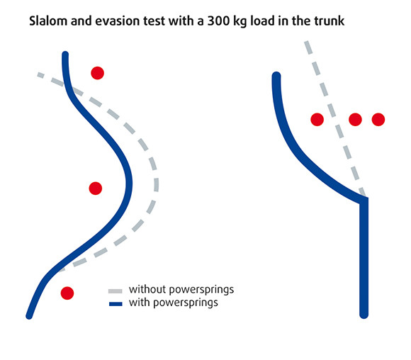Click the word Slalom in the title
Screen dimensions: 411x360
pos(48,21)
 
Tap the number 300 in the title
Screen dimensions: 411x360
pos(218,21)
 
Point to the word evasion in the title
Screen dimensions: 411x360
pos(116,21)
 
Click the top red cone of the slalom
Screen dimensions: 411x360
pos(98,73)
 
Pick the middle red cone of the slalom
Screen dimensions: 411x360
pos(96,189)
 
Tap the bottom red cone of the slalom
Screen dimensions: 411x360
pos(67,293)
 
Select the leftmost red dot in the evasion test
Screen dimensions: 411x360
pos(317,120)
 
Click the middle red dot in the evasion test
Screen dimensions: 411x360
pos(355,120)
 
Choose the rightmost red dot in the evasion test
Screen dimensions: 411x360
pos(378,120)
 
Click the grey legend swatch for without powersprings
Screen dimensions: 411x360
pos(116,291)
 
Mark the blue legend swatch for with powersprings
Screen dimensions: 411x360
pos(116,304)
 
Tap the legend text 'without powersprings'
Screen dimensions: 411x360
pos(181,290)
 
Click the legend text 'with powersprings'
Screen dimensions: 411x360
pos(174,303)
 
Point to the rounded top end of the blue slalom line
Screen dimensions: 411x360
pos(65,55)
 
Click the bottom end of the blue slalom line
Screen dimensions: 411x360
pos(29,315)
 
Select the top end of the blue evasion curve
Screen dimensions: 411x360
pos(276,76)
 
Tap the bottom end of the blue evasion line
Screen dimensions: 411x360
pos(364,314)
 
